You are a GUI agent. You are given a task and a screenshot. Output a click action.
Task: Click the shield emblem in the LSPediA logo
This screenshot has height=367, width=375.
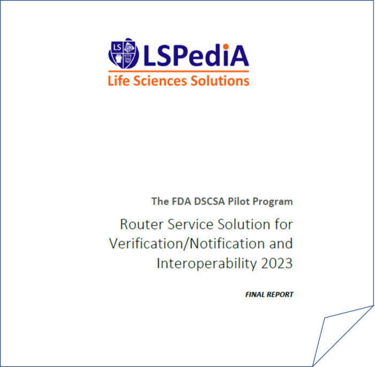[x=123, y=54]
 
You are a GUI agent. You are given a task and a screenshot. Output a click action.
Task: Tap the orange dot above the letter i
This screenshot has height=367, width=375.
[x=226, y=47]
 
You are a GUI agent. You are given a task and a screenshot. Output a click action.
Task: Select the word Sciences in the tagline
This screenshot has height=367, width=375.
[x=160, y=80]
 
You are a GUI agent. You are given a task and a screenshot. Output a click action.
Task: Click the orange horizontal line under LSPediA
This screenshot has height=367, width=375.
[x=178, y=71]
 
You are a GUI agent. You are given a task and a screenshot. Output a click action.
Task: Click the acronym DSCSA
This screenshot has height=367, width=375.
[x=209, y=201]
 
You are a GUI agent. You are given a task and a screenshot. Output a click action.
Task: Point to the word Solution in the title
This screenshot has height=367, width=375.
[x=244, y=224]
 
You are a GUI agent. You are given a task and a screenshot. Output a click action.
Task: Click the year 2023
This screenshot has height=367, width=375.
[x=277, y=264]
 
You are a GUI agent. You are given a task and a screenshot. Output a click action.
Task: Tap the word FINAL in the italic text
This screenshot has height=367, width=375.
[x=255, y=295]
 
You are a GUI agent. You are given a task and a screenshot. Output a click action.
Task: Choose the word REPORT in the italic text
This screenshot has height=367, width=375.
[x=280, y=295]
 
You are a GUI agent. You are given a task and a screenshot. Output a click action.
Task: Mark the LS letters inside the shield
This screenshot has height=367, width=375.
[x=117, y=47]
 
